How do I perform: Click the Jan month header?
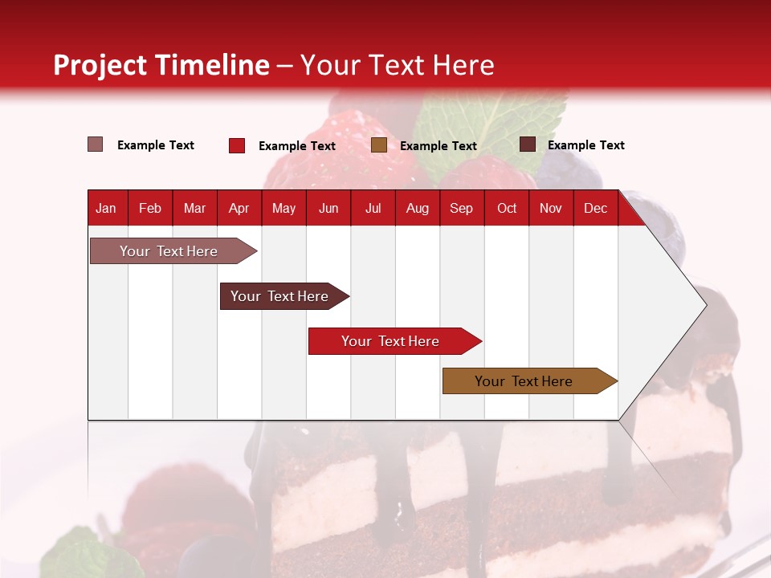tap(107, 209)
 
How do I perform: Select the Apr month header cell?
tap(239, 209)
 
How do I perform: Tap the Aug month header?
tap(417, 209)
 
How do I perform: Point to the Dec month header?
tap(595, 209)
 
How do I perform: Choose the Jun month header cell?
tap(328, 209)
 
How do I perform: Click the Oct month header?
tap(506, 209)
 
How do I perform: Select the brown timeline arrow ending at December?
tap(524, 381)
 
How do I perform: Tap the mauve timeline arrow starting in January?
tap(169, 251)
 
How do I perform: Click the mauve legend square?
tap(96, 144)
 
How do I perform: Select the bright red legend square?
tap(237, 145)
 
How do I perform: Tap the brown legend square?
tap(379, 145)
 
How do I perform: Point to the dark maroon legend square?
tap(528, 144)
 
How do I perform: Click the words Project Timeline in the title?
tap(161, 65)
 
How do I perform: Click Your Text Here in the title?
tap(397, 65)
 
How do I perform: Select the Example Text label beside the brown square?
tap(438, 146)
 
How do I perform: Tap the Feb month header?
tap(150, 209)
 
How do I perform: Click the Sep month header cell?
tap(461, 209)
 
